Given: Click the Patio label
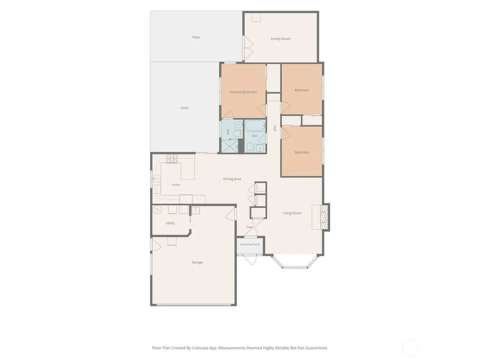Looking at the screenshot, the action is [196, 37].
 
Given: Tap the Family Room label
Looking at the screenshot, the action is [281, 39].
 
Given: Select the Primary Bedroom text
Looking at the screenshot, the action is [243, 92].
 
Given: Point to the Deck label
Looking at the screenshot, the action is [185, 108].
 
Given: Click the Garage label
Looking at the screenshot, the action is [197, 262].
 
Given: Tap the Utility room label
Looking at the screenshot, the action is [171, 223].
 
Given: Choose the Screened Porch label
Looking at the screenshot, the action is [250, 244].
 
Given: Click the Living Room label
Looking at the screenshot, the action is [292, 213].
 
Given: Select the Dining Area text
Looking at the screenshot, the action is [232, 179].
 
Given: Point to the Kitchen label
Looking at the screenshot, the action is [176, 185].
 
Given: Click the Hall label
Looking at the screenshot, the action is [275, 128].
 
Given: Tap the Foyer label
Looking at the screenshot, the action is [249, 227].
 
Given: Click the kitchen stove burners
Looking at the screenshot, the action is [172, 158].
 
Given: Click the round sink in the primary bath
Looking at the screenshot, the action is [239, 125].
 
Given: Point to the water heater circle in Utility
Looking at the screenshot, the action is [157, 210].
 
